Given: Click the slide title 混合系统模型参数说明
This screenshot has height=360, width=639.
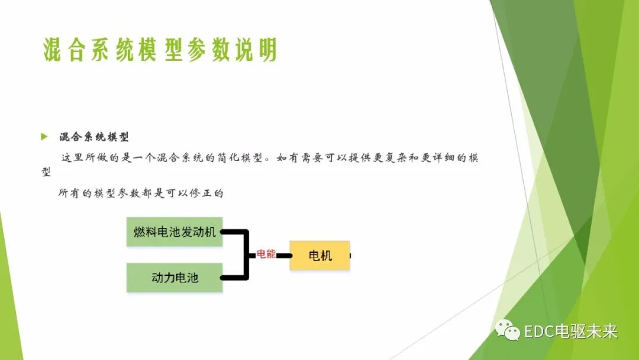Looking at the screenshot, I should point(160,50).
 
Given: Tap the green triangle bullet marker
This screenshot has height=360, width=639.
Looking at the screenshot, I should point(44,137).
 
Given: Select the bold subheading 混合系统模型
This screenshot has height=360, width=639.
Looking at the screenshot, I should point(93,137).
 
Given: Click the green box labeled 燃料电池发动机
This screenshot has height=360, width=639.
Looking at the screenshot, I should point(175,232).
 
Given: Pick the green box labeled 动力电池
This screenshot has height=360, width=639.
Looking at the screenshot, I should point(175,277).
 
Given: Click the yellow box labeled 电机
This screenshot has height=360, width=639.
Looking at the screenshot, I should point(319,256).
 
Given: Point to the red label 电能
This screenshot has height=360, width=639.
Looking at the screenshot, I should point(266,254).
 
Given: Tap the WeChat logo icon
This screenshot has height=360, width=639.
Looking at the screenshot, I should point(508,330).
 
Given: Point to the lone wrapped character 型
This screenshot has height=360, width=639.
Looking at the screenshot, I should point(46,172).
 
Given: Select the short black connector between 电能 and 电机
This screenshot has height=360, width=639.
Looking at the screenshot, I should point(284,256).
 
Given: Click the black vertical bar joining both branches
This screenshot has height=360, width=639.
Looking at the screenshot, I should point(246,255).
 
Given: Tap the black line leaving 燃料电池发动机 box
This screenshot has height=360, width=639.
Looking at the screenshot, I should point(233,232).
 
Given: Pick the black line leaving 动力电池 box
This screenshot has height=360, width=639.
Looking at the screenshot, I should point(233,277).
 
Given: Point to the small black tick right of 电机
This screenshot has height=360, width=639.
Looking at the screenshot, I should point(351,256).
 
